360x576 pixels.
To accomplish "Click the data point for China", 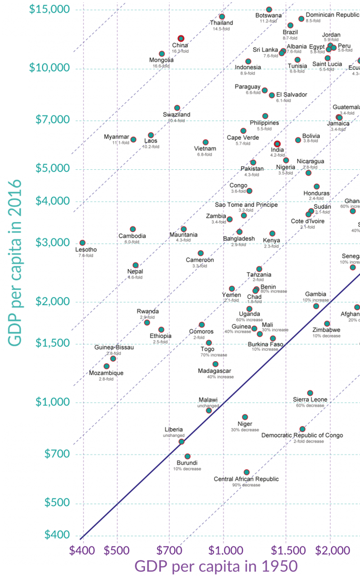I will pyautogui.click(x=181, y=39).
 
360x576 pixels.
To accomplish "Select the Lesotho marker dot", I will pyautogui.click(x=82, y=243).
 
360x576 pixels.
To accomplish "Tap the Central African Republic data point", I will pyautogui.click(x=246, y=472).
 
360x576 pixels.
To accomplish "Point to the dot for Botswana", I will pyautogui.click(x=269, y=9).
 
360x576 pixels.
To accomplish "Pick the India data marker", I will pyautogui.click(x=277, y=144).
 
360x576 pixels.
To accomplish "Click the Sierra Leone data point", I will pyautogui.click(x=310, y=393).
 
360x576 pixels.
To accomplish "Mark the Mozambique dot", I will pyautogui.click(x=106, y=366).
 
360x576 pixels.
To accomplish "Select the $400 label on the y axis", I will pyautogui.click(x=57, y=535).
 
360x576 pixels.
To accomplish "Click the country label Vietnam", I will pyautogui.click(x=205, y=149).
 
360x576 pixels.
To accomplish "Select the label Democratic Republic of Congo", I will pyautogui.click(x=302, y=435).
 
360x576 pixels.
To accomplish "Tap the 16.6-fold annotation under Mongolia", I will pyautogui.click(x=161, y=66).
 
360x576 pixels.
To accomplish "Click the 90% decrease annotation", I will pyautogui.click(x=246, y=485).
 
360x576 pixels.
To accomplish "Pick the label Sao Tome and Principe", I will pyautogui.click(x=246, y=204).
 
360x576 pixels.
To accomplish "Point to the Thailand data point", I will pyautogui.click(x=222, y=17).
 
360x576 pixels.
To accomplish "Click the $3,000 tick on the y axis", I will pyautogui.click(x=50, y=243).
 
